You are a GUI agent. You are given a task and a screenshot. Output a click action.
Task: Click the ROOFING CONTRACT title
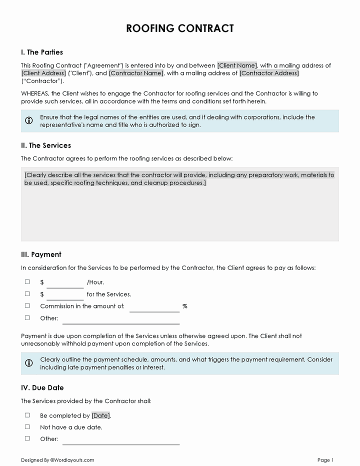coord(180,28)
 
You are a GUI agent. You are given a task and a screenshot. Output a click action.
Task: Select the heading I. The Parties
coord(42,52)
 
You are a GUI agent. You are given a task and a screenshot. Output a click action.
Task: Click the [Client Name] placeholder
coord(237,65)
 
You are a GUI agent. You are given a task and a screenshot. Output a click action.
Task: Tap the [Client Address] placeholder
coord(43,73)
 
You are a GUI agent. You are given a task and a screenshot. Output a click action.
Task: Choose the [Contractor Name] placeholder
coord(136,73)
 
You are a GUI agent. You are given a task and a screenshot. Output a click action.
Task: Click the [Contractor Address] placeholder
coord(269,73)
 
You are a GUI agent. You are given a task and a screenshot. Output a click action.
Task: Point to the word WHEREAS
coord(34,93)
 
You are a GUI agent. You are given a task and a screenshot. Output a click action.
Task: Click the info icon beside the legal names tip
coord(29,120)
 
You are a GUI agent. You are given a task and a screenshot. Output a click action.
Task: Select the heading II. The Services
coord(46,145)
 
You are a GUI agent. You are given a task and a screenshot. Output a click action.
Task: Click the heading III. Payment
coord(41,254)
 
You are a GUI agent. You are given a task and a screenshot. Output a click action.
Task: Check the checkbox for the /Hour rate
coord(27,282)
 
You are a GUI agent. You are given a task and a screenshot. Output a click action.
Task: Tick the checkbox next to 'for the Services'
coord(27,294)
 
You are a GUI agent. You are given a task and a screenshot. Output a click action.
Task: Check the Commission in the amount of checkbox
coord(27,306)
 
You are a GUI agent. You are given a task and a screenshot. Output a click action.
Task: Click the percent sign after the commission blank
coord(184,306)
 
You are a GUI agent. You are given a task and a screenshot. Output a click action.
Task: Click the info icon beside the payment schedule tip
coord(29,363)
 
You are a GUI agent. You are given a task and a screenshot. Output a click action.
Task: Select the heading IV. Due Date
coord(42,387)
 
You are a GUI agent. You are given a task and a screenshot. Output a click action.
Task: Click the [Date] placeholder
coord(100,415)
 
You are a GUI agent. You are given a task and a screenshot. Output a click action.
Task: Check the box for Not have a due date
coord(27,427)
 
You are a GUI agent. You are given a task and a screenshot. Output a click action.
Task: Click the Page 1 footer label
coord(325,460)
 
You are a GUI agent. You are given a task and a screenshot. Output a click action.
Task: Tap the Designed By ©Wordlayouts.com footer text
coord(57,460)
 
